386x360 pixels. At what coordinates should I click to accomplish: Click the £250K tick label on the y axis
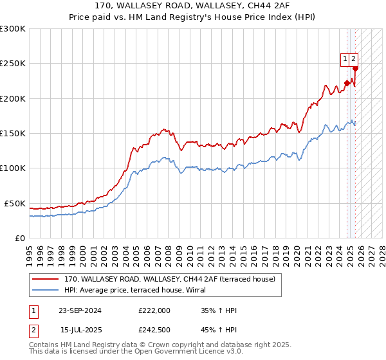12,64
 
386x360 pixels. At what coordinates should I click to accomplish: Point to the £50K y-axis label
15,203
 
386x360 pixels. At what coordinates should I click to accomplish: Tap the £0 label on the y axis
19,238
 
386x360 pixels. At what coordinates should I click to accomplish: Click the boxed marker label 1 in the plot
345,59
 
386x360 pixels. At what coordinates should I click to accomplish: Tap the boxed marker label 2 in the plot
354,59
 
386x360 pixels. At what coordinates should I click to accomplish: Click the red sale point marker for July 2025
355,69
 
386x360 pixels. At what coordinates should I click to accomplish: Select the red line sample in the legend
45,279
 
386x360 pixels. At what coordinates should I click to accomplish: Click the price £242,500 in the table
154,330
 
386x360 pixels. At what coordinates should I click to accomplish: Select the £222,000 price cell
154,310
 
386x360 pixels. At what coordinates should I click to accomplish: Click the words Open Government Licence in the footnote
188,352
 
